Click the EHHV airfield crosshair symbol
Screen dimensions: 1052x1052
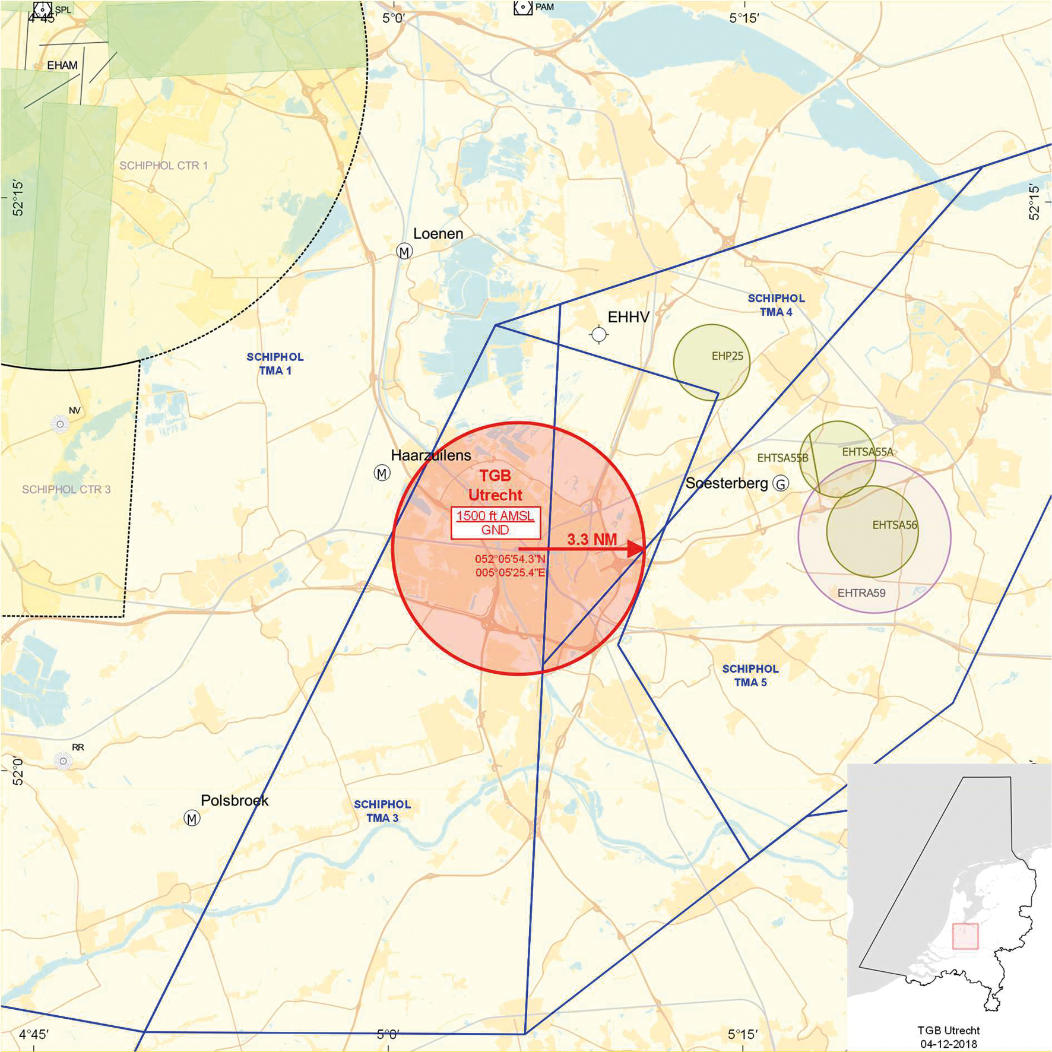[x=599, y=335]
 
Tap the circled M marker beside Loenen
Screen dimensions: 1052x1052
[x=404, y=252]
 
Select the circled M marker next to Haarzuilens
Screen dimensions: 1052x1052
[x=382, y=473]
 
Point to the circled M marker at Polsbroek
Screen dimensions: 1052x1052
[x=192, y=819]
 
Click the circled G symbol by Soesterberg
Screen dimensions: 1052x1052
[x=781, y=484]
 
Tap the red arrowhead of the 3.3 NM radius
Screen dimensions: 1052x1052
[x=636, y=549]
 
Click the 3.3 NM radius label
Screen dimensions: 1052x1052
[x=592, y=539]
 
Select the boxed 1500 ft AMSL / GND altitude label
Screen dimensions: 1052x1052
[x=495, y=523]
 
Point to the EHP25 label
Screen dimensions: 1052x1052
[x=727, y=356]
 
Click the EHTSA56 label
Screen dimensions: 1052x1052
[x=895, y=525]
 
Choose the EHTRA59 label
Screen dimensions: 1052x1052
[x=861, y=592]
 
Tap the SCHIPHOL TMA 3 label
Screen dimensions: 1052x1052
[x=382, y=811]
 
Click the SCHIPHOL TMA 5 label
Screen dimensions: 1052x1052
[x=750, y=676]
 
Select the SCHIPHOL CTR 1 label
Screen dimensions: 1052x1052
[x=164, y=166]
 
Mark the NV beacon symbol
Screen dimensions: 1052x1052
[x=60, y=424]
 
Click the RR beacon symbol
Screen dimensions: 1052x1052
[x=63, y=761]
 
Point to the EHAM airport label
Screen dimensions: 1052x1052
[x=62, y=65]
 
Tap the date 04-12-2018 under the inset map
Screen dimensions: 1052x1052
[x=949, y=1044]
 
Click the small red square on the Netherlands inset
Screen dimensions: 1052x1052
[x=965, y=936]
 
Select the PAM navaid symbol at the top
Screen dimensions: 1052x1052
[x=522, y=7]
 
